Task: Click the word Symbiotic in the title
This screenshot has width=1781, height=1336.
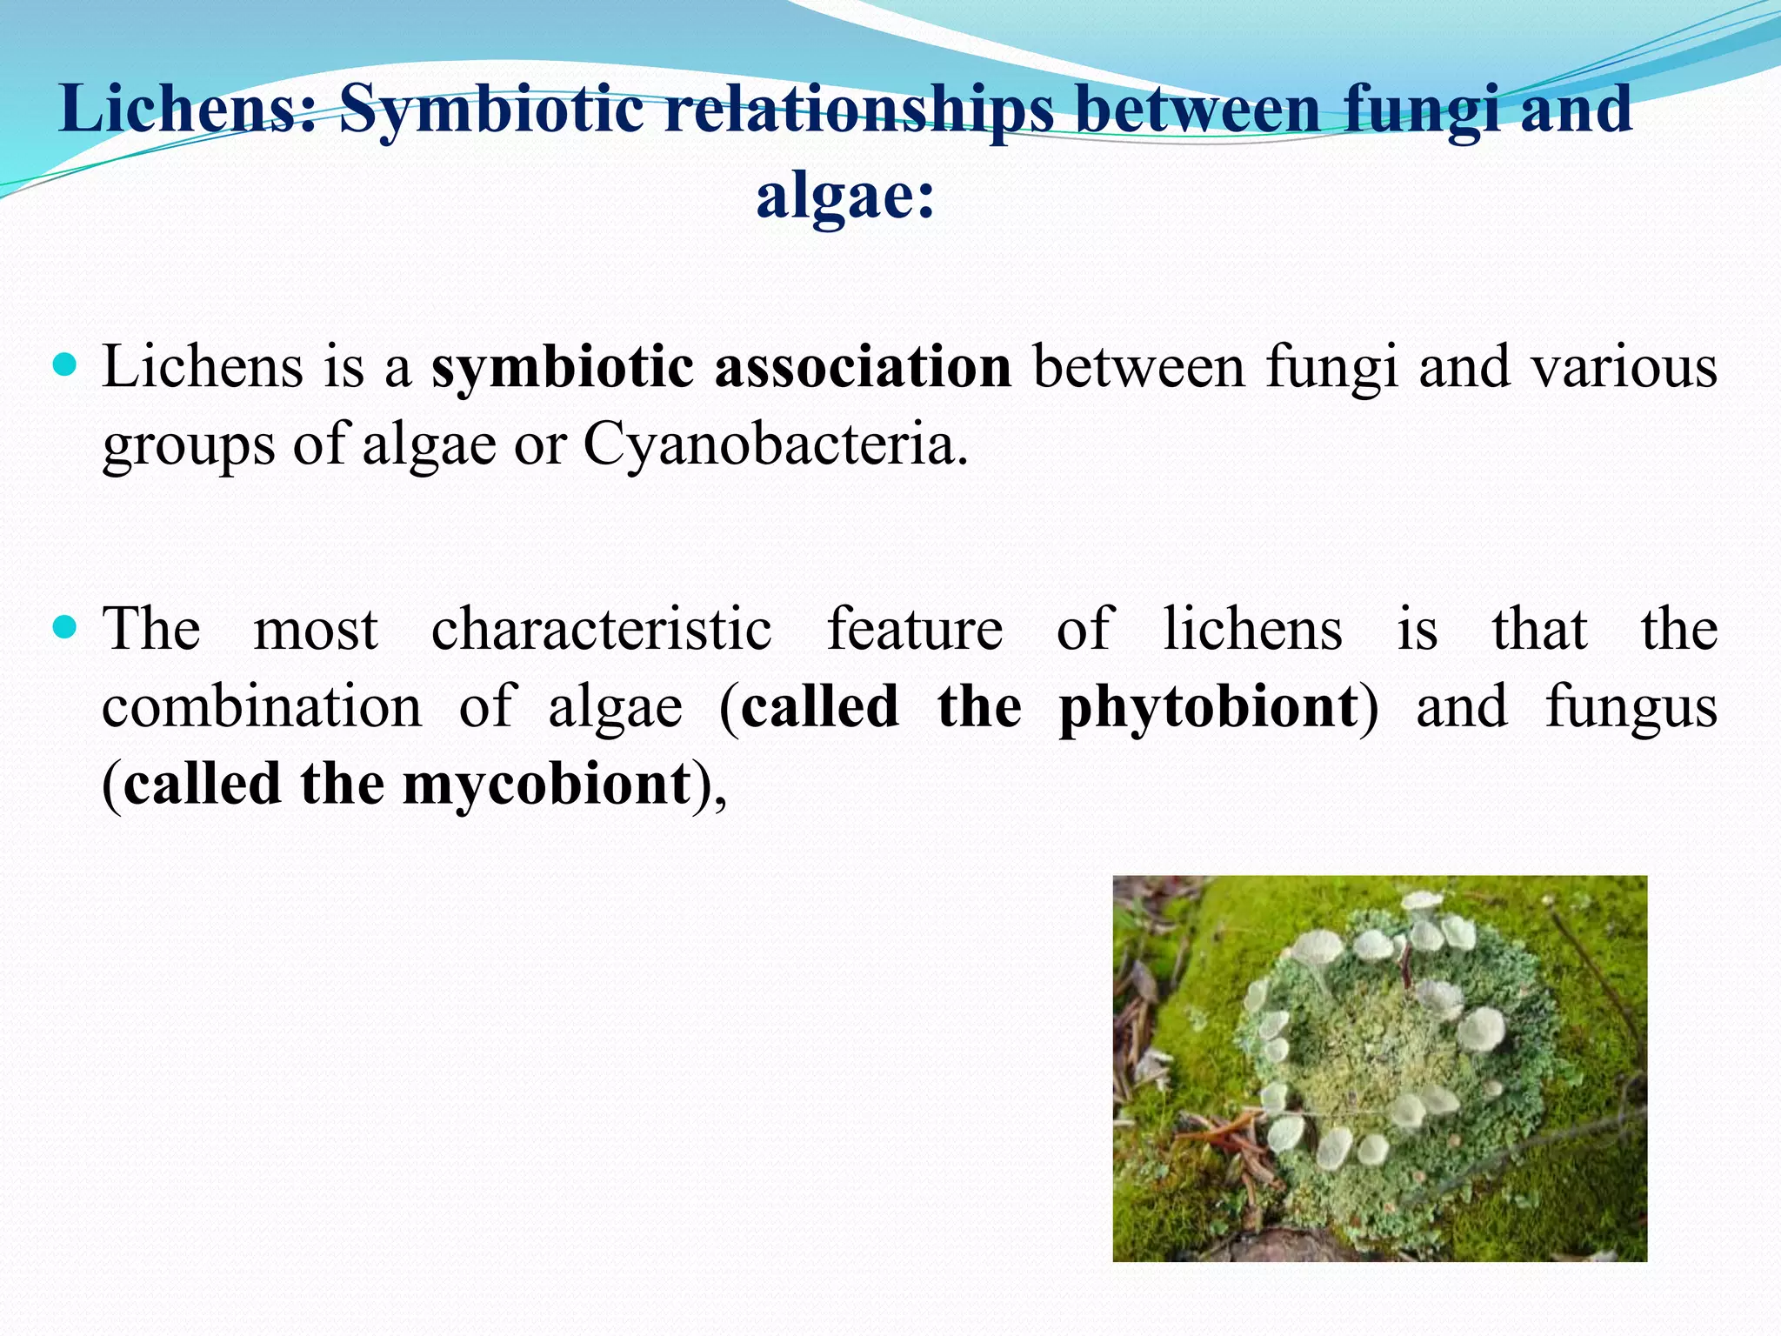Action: (x=490, y=110)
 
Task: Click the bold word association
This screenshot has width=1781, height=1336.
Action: (x=864, y=367)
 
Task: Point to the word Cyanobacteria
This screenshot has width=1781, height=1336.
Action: (x=775, y=445)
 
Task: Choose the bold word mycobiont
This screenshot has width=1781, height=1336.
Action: (x=546, y=785)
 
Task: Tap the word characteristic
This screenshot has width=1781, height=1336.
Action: (x=601, y=629)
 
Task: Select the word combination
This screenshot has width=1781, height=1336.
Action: (x=262, y=707)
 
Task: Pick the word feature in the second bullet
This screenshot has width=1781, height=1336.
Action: (x=914, y=629)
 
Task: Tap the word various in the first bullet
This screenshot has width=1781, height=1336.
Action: (x=1624, y=367)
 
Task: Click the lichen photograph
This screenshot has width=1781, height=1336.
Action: (x=1379, y=1068)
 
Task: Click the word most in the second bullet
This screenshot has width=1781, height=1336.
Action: (x=316, y=631)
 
